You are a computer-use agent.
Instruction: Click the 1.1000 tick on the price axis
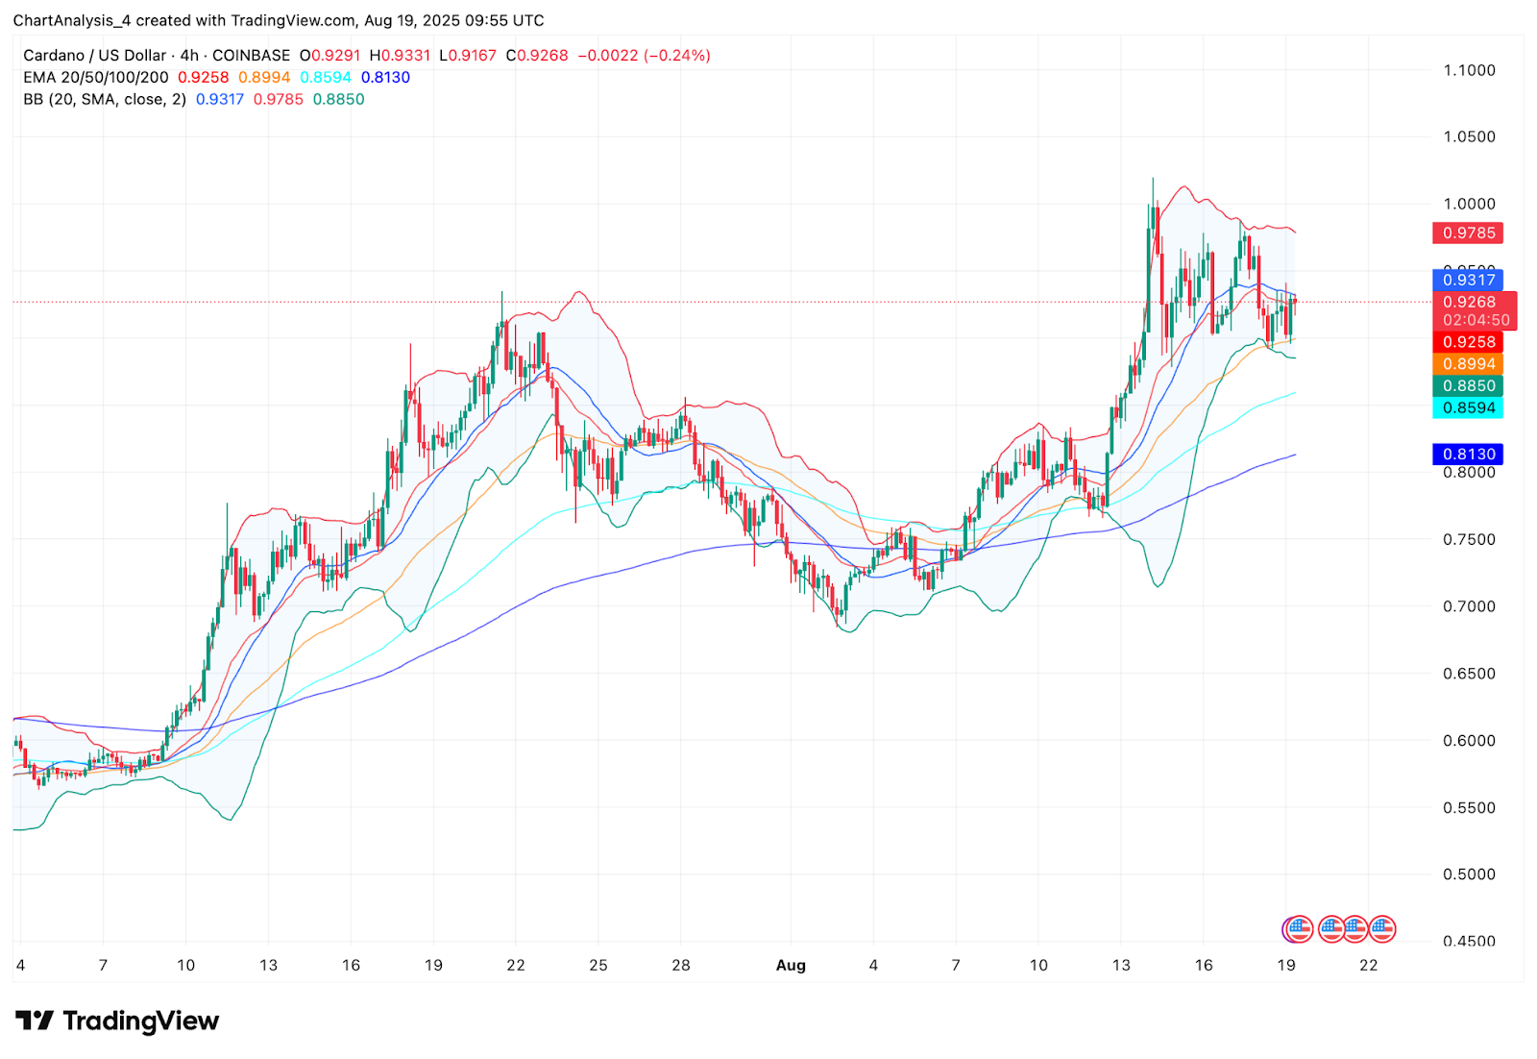point(1469,70)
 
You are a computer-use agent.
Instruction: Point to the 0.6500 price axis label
point(1469,674)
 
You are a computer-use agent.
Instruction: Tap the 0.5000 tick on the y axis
point(1469,874)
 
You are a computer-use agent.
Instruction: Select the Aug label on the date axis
point(791,965)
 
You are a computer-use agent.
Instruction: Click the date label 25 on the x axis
point(598,965)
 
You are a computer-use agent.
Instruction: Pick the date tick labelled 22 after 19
point(1368,965)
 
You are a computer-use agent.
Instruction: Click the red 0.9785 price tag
point(1468,233)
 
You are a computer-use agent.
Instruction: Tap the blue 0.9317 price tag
point(1468,280)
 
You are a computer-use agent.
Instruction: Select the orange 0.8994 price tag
point(1468,364)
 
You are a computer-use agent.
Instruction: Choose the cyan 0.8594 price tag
point(1468,407)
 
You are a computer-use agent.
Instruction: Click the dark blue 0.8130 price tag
point(1468,454)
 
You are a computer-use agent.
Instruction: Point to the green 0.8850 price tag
point(1468,385)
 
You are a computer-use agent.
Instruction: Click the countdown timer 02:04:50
point(1476,320)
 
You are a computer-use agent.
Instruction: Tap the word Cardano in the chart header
point(54,56)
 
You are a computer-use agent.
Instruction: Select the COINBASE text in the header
point(251,56)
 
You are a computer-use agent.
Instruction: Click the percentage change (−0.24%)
point(677,56)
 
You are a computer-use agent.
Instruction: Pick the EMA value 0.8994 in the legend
point(264,77)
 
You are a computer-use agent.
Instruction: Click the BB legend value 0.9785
point(278,99)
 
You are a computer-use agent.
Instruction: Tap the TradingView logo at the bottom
point(117,1021)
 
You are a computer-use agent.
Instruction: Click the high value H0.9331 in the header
point(400,56)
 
